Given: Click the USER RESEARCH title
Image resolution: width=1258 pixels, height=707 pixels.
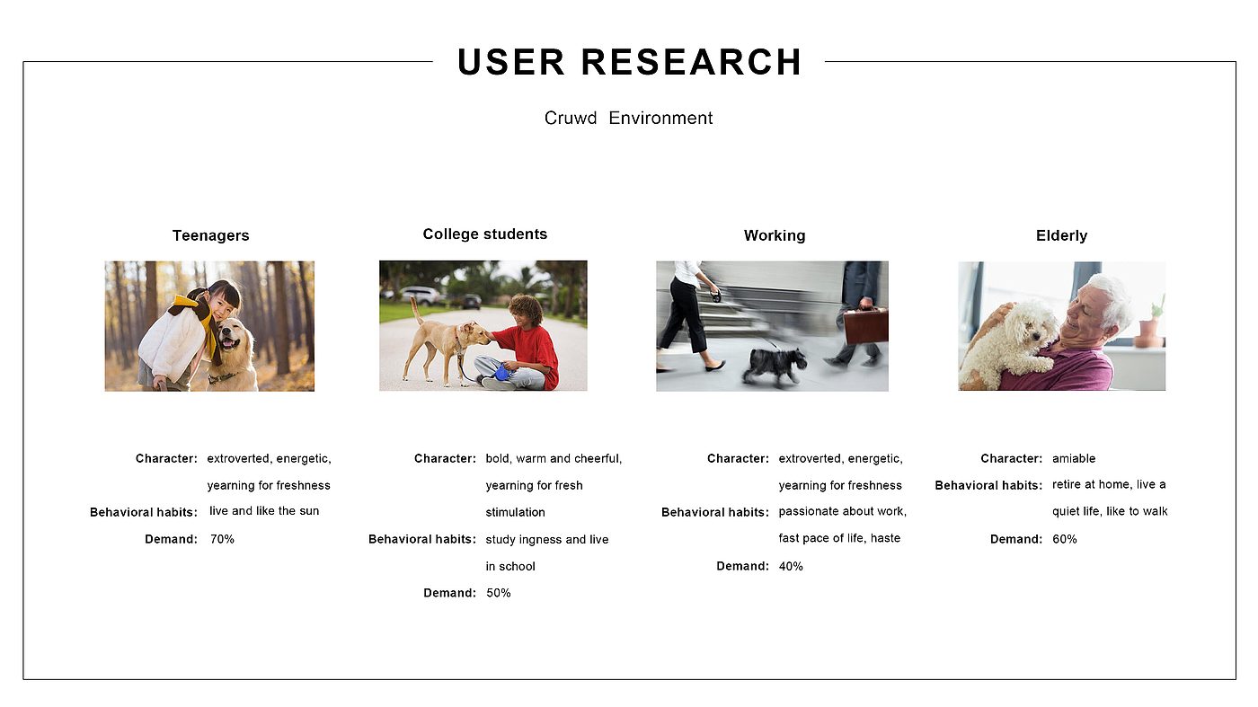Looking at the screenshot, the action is tap(630, 62).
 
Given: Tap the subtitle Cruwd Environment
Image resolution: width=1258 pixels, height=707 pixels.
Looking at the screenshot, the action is tap(628, 118).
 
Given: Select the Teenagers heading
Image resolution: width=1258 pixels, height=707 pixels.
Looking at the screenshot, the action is tap(210, 235).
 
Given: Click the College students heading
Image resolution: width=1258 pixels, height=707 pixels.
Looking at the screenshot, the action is tap(484, 234).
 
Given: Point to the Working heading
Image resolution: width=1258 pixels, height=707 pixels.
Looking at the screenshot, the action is tap(775, 235).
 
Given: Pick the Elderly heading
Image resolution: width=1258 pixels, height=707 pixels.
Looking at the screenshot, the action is tap(1061, 235).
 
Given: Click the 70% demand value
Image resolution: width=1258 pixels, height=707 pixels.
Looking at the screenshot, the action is tap(222, 539).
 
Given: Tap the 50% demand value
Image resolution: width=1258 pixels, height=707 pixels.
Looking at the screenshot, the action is tap(498, 593).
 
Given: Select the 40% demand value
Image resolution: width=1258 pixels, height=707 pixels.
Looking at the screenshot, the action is tap(791, 566).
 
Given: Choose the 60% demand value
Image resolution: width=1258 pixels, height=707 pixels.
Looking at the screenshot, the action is tap(1064, 539).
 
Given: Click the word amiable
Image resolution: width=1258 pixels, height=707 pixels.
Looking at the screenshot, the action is tap(1074, 458).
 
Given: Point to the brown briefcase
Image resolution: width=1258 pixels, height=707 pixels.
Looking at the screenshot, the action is tap(866, 324).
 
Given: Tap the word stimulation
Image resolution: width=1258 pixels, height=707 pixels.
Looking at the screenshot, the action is tap(515, 512).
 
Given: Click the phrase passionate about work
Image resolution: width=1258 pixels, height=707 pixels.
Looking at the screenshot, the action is tap(843, 511).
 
